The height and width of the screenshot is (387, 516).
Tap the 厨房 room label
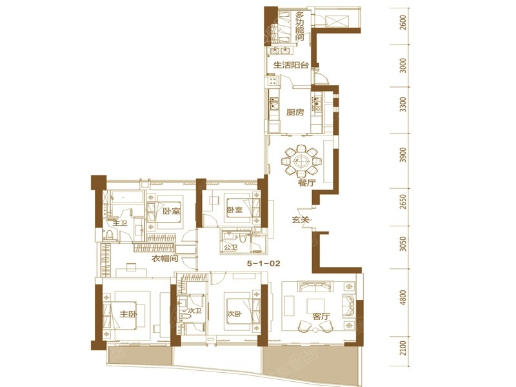(295, 112)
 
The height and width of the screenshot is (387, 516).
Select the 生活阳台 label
(291, 65)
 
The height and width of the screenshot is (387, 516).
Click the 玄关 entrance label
(301, 219)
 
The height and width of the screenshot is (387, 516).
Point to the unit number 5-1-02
(264, 263)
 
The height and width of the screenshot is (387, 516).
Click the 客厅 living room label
(321, 317)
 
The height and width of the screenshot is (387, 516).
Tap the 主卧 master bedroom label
(128, 314)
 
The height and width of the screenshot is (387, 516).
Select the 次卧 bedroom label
(234, 314)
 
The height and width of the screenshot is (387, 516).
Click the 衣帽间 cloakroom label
(164, 259)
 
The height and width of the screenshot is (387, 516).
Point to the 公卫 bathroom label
(230, 246)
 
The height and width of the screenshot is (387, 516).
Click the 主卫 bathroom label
(120, 223)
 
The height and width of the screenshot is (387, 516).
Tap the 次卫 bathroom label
(195, 310)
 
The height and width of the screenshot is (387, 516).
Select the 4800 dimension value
(403, 298)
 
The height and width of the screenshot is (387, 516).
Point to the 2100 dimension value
(403, 348)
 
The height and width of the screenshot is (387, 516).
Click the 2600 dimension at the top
(403, 23)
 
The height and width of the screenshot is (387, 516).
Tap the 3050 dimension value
(403, 244)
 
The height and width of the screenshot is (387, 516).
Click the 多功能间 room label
(299, 27)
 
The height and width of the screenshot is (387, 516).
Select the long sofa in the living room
(315, 286)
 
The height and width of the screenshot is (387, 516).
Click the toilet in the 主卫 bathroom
(109, 235)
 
